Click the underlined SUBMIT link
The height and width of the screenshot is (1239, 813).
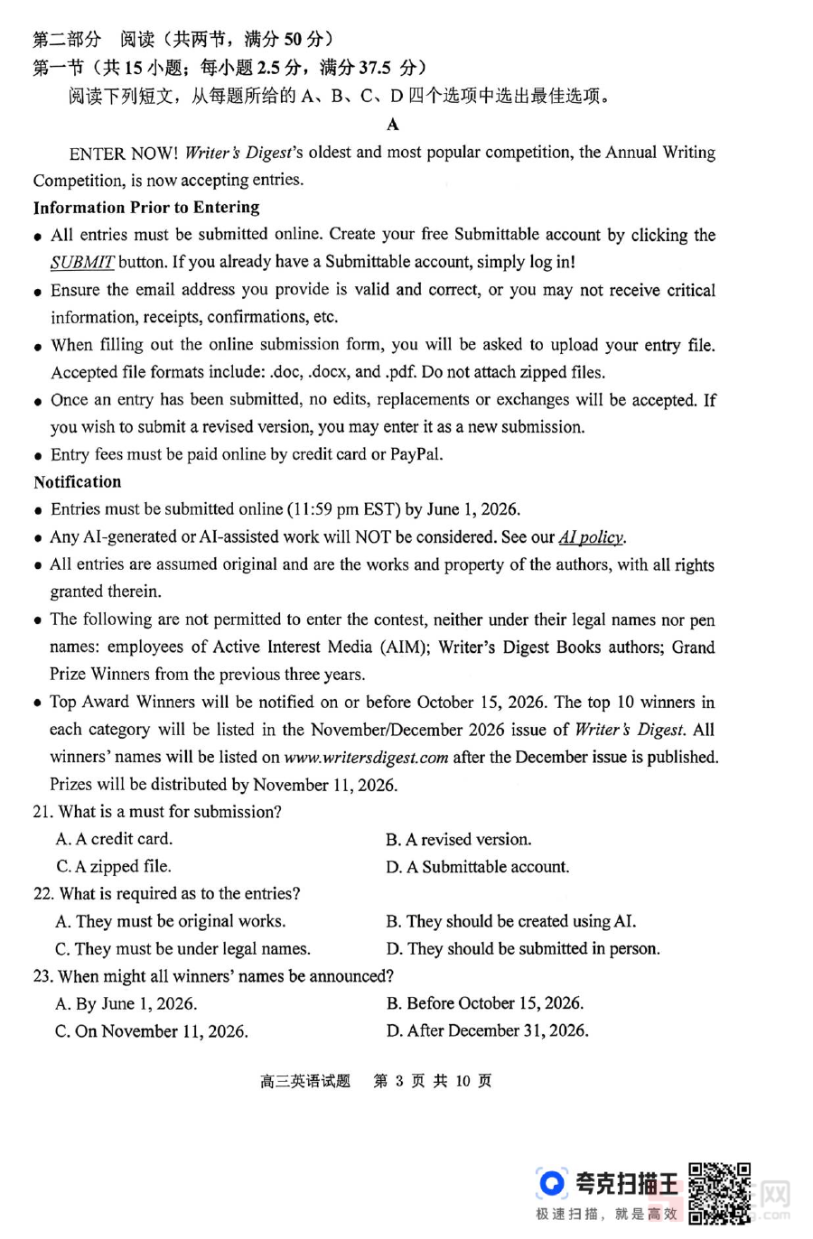tap(82, 263)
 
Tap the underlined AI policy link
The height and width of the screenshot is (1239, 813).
tap(592, 537)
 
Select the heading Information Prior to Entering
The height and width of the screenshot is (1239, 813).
tap(146, 207)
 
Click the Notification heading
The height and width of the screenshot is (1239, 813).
tap(78, 482)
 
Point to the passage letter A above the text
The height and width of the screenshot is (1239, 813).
tap(393, 125)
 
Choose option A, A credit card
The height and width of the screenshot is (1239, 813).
tap(114, 839)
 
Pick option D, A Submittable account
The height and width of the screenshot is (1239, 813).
tap(478, 867)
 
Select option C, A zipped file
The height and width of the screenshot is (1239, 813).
tap(114, 867)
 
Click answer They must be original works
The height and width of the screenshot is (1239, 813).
tap(171, 921)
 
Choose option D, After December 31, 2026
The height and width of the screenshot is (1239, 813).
tap(488, 1030)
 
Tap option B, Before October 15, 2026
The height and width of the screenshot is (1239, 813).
tap(485, 1003)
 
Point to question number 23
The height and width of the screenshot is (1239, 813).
tap(42, 976)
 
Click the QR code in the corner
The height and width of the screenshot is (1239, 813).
tap(719, 1192)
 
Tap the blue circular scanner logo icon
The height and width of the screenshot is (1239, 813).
tap(550, 1183)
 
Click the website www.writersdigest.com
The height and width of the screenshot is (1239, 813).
tap(366, 758)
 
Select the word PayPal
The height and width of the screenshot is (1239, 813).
tap(415, 454)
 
